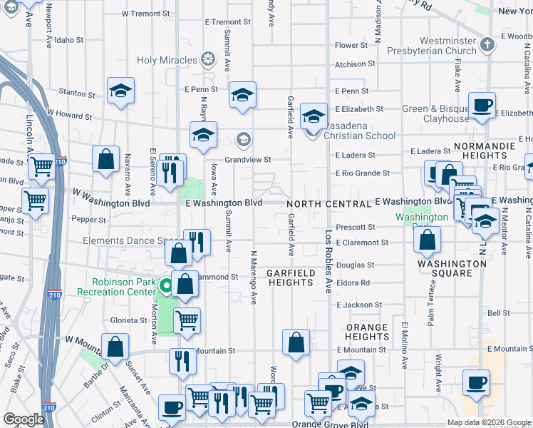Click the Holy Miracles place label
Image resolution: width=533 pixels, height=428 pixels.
(x=167, y=60)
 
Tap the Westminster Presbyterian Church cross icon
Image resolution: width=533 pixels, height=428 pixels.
(x=487, y=46)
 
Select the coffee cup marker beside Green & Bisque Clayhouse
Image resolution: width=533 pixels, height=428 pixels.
(x=482, y=105)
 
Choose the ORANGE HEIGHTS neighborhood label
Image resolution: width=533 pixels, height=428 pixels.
(x=368, y=332)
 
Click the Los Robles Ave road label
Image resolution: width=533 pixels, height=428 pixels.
(x=328, y=264)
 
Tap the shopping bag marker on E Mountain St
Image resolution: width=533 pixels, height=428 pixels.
(x=296, y=342)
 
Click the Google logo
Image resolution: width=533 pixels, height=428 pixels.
(x=24, y=419)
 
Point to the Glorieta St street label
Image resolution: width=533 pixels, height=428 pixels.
(x=128, y=320)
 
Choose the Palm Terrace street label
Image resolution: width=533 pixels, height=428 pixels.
(x=431, y=310)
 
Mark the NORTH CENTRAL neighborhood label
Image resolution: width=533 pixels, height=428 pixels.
(x=328, y=204)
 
